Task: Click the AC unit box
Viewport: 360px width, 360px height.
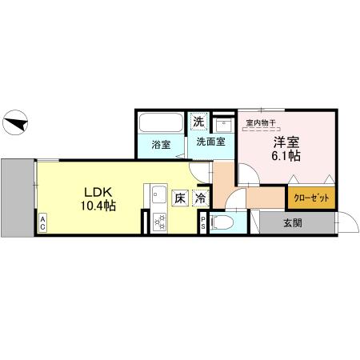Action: pyautogui.click(x=42, y=226)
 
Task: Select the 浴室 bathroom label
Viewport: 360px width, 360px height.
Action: pyautogui.click(x=162, y=145)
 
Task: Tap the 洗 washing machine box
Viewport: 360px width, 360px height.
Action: pyautogui.click(x=198, y=122)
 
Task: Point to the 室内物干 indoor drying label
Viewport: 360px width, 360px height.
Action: pyautogui.click(x=260, y=122)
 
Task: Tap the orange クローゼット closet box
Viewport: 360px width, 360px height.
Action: pyautogui.click(x=309, y=198)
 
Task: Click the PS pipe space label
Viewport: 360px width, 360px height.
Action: pyautogui.click(x=204, y=225)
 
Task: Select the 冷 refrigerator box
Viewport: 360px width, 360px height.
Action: pyautogui.click(x=200, y=197)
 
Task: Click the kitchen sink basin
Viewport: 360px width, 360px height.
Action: pyautogui.click(x=157, y=194)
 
